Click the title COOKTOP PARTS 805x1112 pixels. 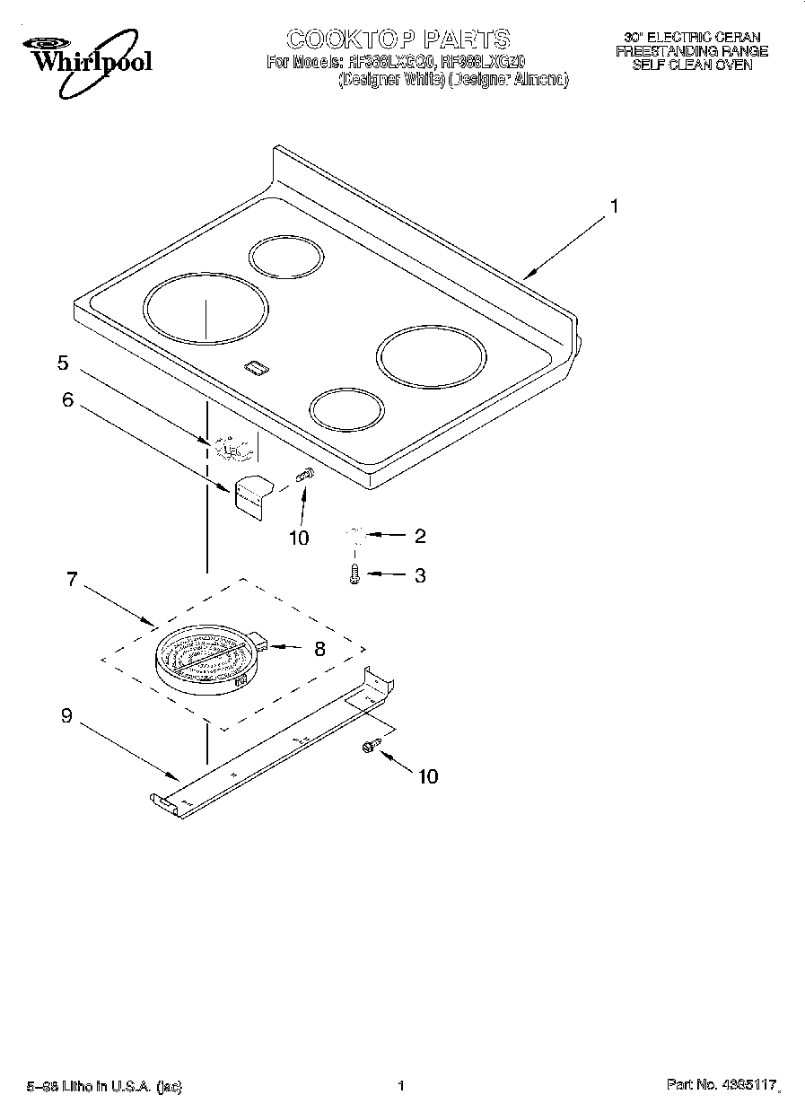[398, 39]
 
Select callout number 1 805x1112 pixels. [614, 206]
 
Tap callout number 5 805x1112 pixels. [63, 363]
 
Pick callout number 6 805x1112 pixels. [68, 400]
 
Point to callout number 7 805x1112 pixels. [72, 579]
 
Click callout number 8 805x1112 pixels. [319, 648]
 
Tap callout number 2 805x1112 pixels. [419, 537]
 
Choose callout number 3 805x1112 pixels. [419, 575]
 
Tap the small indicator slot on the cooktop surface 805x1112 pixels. [256, 366]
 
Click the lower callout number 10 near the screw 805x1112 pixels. [428, 776]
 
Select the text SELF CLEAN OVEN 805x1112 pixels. [691, 66]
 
